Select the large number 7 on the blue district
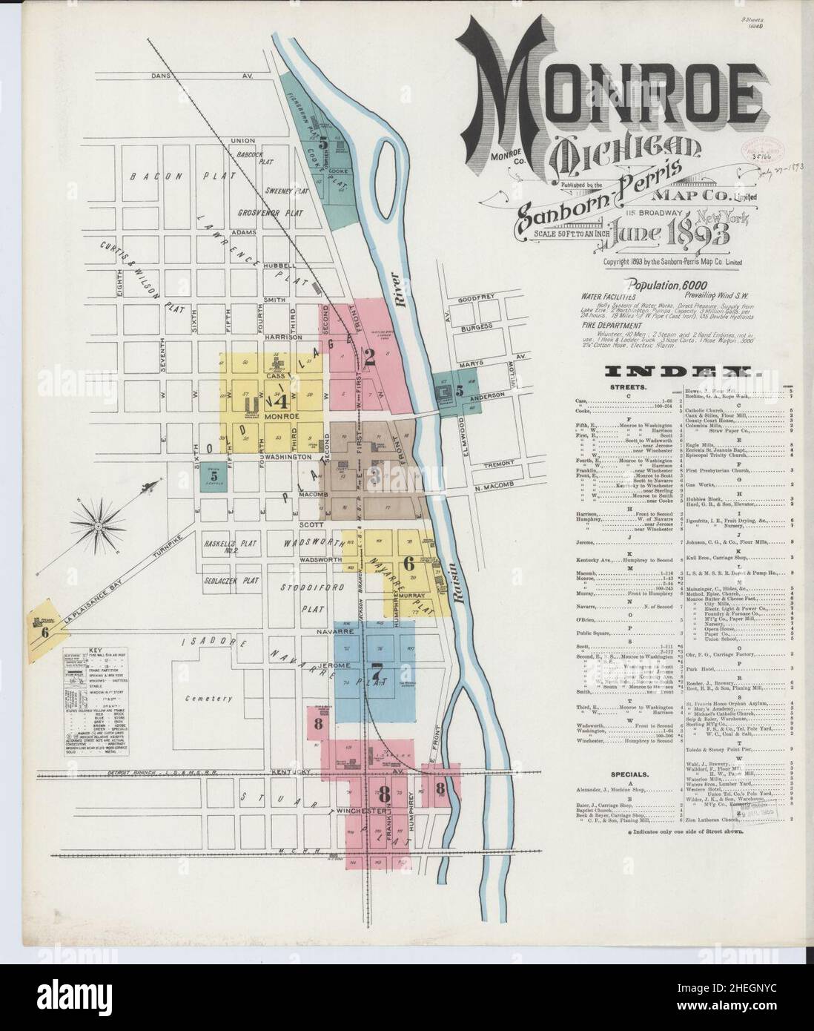pos(377,676)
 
